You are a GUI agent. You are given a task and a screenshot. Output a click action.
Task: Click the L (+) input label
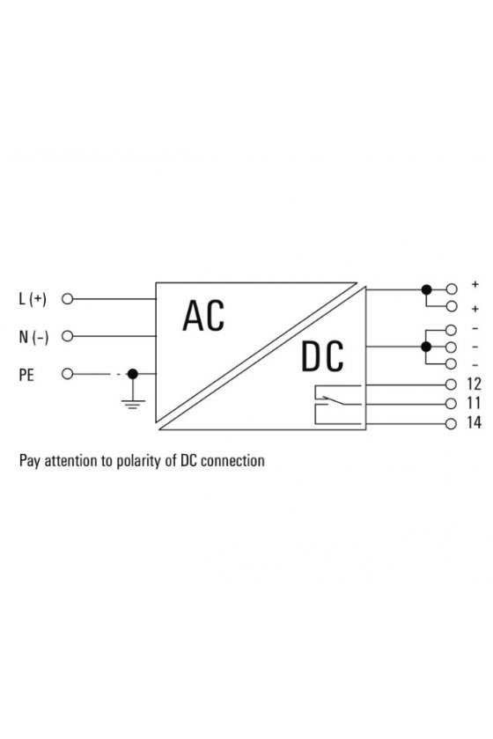[x=33, y=299]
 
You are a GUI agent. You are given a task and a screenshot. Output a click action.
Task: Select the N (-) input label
[x=33, y=336]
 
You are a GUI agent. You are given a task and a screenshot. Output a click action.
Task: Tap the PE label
[x=26, y=375]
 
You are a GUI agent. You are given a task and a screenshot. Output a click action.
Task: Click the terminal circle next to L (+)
[x=68, y=299]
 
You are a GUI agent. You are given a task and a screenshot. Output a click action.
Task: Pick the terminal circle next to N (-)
[x=68, y=336]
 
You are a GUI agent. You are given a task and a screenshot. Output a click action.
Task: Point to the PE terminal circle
[x=68, y=374]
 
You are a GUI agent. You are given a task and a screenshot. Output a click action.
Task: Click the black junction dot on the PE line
[x=133, y=374]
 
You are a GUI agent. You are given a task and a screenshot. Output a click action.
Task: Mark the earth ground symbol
[x=133, y=404]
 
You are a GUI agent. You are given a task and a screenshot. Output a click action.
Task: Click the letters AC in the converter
[x=203, y=315]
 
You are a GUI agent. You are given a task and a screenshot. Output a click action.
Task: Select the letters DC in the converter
[x=322, y=355]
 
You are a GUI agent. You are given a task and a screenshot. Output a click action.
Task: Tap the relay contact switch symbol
[x=338, y=405]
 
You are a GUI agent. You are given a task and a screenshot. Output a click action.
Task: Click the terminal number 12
[x=474, y=384]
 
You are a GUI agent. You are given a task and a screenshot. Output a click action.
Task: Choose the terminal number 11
[x=473, y=404]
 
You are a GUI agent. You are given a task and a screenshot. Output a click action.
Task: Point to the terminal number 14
[x=474, y=423]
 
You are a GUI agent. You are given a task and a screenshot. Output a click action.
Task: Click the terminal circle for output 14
[x=452, y=424]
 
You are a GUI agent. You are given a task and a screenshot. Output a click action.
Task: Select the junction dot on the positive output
[x=426, y=289]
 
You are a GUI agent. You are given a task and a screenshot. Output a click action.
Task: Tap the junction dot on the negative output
[x=426, y=347]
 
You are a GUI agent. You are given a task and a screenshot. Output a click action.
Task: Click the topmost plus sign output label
[x=475, y=284]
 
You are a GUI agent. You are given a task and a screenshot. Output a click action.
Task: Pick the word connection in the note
[x=232, y=460]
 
